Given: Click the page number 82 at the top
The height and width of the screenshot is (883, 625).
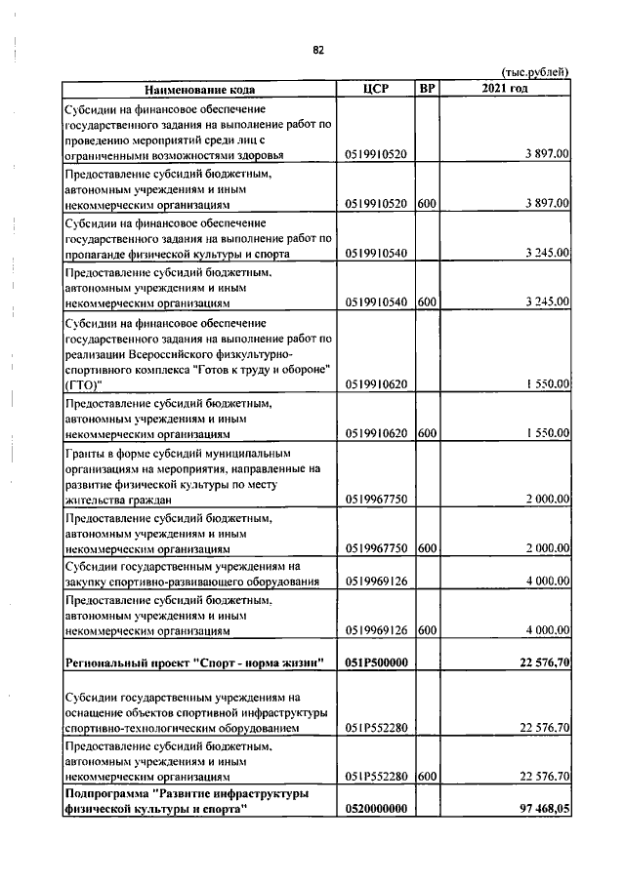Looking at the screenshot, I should coord(317,51).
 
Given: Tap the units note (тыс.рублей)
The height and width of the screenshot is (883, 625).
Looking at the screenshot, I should coord(535,73).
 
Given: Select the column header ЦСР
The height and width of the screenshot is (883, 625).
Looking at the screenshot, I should coord(375,89).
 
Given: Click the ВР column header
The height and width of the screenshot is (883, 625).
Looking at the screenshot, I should coord(426,89).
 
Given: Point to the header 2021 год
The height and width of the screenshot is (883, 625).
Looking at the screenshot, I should coord(505,89).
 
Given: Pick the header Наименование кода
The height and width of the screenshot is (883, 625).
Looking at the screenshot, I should coord(199,90).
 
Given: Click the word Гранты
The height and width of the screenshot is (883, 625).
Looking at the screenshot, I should coord(85,453).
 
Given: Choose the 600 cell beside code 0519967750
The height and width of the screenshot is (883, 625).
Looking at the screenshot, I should coord(426,549).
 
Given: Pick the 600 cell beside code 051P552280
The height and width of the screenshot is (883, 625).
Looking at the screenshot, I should coord(426,777).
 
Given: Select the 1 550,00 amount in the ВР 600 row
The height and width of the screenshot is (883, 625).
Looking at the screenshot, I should coord(546,432).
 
